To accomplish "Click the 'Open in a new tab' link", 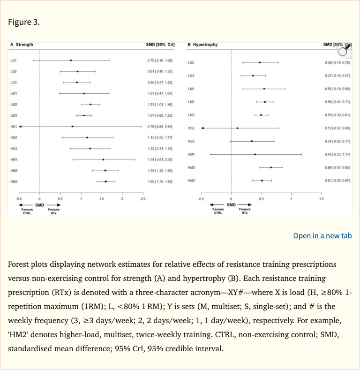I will pyautogui.click(x=322, y=235).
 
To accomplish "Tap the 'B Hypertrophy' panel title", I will pyautogui.click(x=202, y=45).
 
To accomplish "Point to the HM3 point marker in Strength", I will pyautogui.click(x=106, y=181).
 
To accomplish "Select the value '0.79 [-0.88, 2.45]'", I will pyautogui.click(x=161, y=127).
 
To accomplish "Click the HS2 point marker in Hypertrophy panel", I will pyautogui.click(x=237, y=128).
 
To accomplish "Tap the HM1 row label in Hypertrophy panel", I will pyautogui.click(x=191, y=154).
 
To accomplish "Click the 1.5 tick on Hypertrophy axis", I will pyautogui.click(x=321, y=199).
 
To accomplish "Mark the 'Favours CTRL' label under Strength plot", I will pyautogui.click(x=27, y=211).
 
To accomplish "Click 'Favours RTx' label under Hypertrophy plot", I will pyautogui.click(x=244, y=211).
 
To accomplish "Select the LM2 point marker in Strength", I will pyautogui.click(x=90, y=104).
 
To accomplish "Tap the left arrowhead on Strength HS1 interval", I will pyautogui.click(x=20, y=127).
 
